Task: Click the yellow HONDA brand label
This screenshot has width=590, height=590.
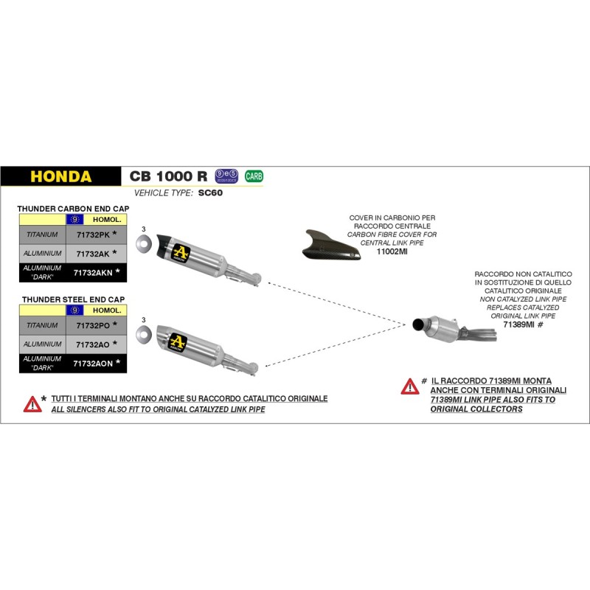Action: tap(61, 177)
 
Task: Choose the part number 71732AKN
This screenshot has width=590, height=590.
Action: tap(92, 272)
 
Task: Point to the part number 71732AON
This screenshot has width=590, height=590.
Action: tap(92, 363)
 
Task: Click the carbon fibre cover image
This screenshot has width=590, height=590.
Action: tap(331, 245)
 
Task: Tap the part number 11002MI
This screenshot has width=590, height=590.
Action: tap(392, 251)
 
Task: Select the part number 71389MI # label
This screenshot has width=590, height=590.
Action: tap(522, 324)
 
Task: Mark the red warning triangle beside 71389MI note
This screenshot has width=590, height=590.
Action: tap(409, 386)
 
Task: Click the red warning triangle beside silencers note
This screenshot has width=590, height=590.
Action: tap(32, 403)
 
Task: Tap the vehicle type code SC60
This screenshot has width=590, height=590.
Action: tap(210, 193)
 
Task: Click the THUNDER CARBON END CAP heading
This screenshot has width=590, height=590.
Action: tap(73, 209)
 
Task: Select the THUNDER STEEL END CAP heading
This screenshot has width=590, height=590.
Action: tap(73, 299)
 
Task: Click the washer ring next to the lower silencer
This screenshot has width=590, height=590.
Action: tap(143, 334)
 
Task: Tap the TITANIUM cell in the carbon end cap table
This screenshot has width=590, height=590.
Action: tap(42, 235)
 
